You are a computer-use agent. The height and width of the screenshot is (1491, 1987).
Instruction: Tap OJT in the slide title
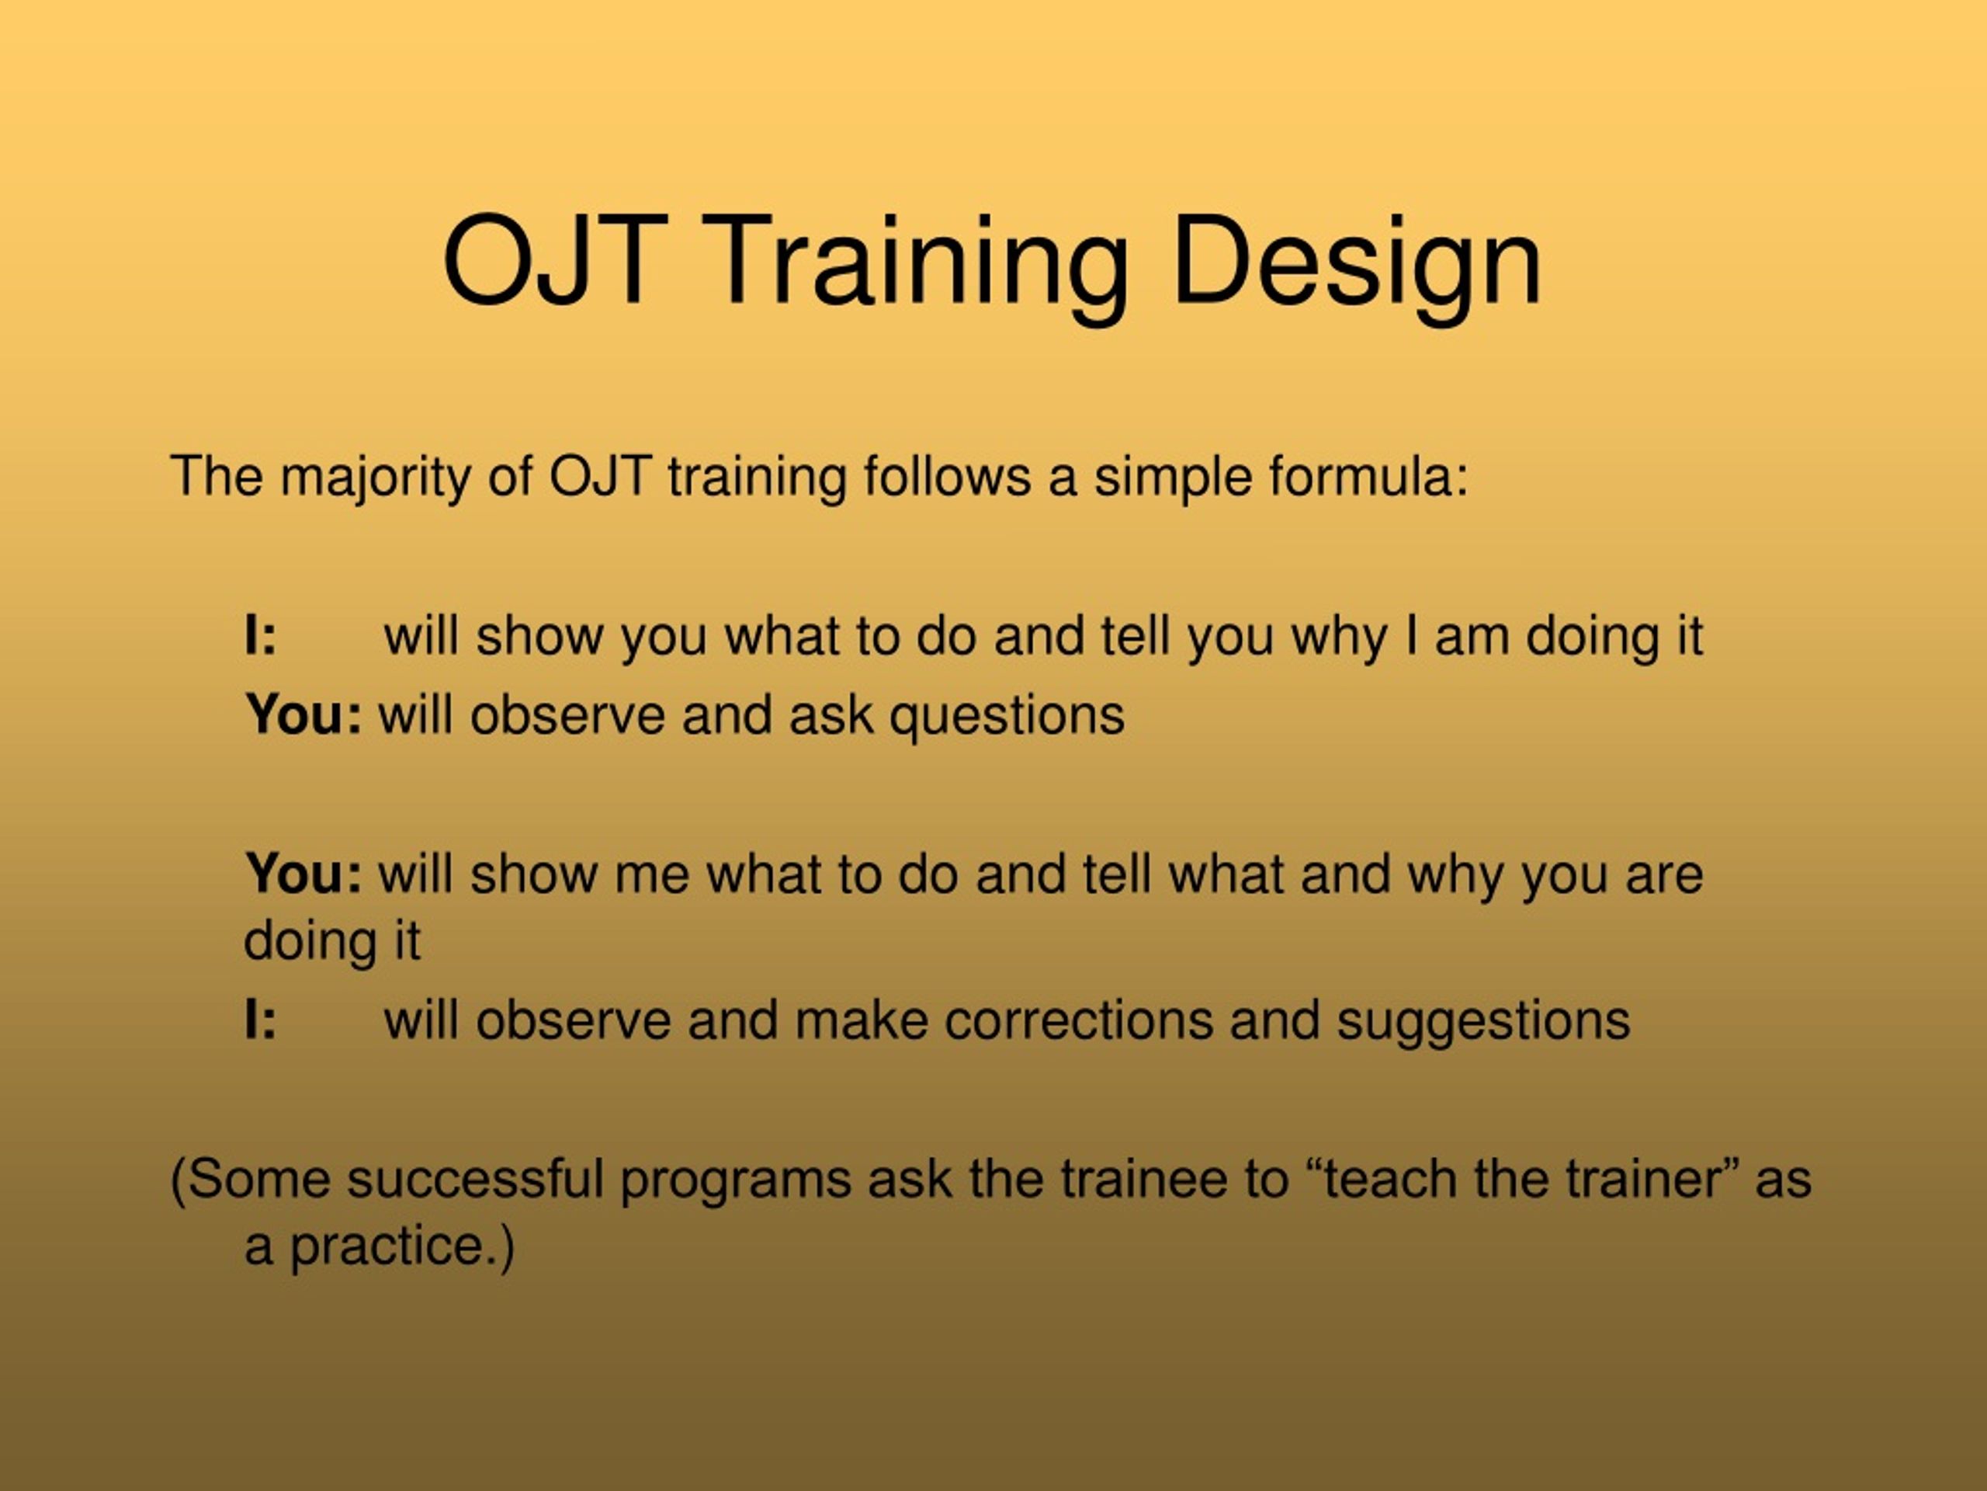[x=555, y=261]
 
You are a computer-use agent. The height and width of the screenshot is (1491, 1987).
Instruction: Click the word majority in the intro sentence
[x=375, y=478]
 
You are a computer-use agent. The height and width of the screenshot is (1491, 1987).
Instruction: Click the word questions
[x=1007, y=716]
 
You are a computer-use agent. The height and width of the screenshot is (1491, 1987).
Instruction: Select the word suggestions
[x=1483, y=1023]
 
